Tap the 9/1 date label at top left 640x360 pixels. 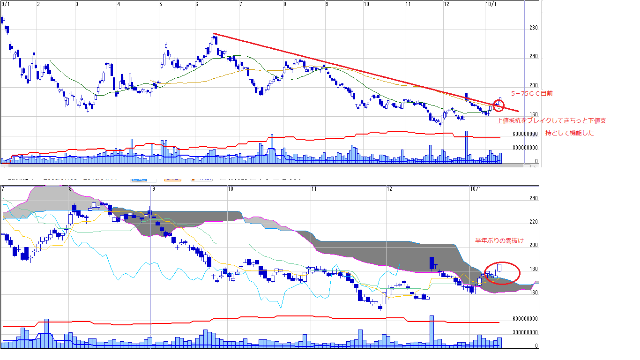(x=6, y=4)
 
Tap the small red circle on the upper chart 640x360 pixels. (x=499, y=106)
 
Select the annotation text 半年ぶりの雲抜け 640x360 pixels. (x=499, y=241)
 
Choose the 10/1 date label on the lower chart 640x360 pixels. (x=476, y=189)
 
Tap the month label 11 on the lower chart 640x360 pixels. (x=314, y=189)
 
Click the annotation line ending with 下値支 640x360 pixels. (x=551, y=121)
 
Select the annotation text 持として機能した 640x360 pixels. (x=569, y=133)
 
